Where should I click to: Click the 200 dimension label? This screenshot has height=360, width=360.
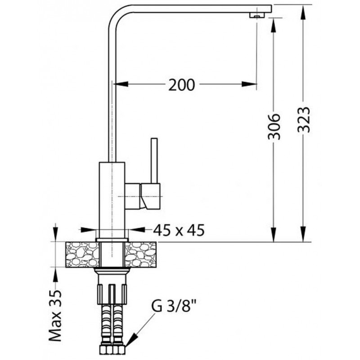click(181, 85)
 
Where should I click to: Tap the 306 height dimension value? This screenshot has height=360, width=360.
click(274, 126)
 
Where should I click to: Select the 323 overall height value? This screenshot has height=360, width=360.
click(303, 120)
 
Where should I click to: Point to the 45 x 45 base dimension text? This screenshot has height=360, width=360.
click(179, 230)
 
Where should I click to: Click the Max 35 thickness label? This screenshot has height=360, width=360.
click(55, 316)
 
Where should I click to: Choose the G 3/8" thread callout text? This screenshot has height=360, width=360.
click(174, 306)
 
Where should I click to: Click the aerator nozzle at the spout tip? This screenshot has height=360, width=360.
click(257, 15)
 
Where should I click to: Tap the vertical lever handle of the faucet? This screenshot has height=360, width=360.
click(154, 161)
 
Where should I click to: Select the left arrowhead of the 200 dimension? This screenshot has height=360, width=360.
click(121, 84)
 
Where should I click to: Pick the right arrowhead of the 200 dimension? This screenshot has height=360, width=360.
click(249, 84)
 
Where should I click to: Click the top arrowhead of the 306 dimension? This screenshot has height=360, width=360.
click(274, 26)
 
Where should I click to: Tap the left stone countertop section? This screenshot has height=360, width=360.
click(83, 255)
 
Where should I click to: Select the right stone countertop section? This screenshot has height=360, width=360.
click(140, 255)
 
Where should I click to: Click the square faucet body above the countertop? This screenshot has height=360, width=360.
click(112, 200)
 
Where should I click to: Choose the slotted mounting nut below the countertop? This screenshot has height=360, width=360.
click(112, 294)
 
